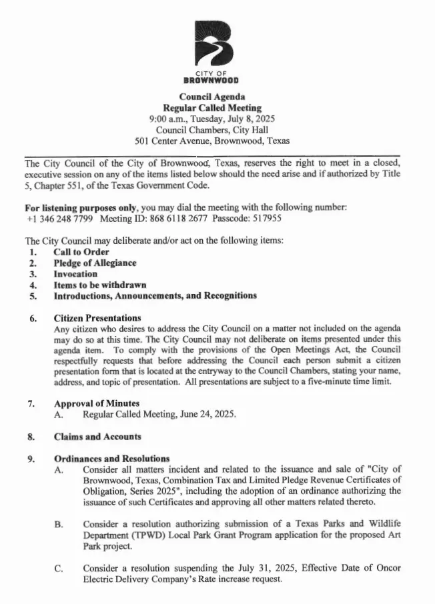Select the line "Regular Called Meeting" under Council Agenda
(212, 108)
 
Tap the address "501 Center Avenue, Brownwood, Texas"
(212, 141)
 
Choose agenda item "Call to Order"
(81, 252)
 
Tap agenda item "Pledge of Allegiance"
(95, 263)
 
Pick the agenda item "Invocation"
(75, 274)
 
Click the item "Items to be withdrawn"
(100, 285)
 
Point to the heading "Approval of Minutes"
(97, 403)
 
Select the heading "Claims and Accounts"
(97, 437)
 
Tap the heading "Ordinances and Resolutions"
(111, 459)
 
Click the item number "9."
(31, 459)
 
